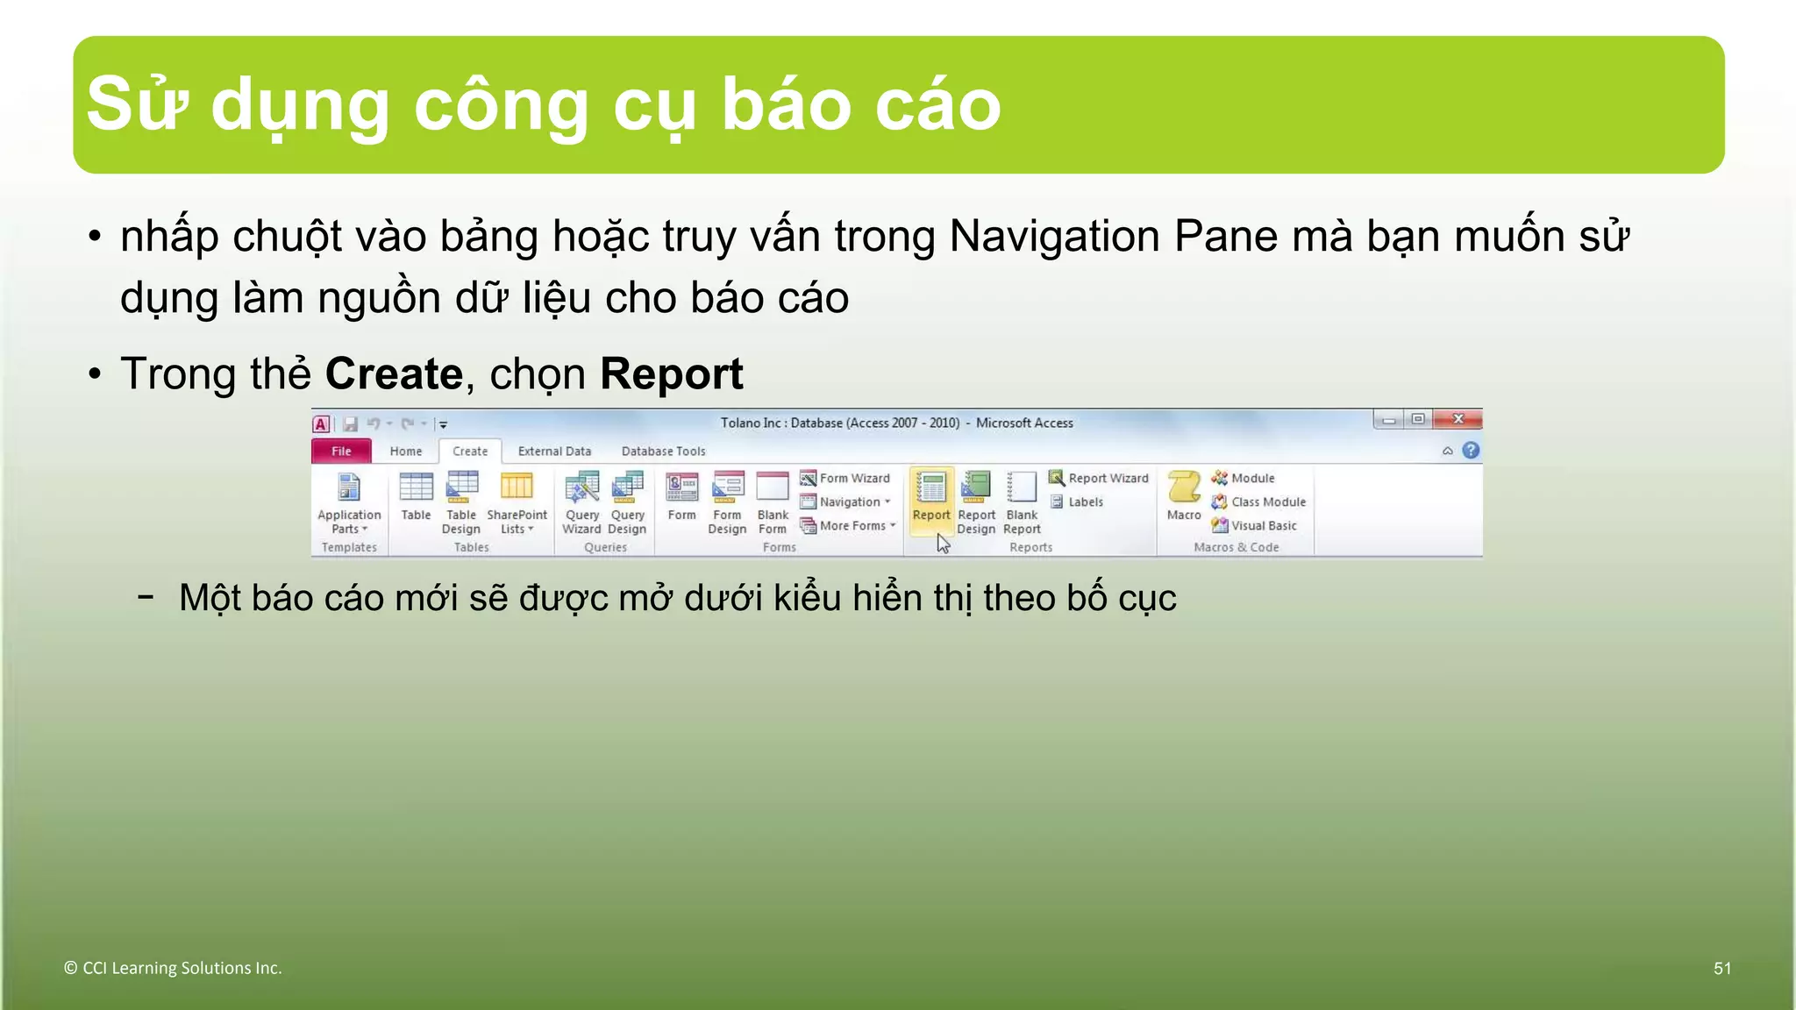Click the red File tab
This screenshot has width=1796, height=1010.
click(341, 451)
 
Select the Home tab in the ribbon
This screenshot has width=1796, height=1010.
click(405, 451)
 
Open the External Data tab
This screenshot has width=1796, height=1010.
click(554, 451)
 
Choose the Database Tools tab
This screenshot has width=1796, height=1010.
click(663, 451)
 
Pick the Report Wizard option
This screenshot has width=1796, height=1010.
click(1099, 478)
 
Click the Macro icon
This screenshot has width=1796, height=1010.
click(1183, 494)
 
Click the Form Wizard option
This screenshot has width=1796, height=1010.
click(845, 478)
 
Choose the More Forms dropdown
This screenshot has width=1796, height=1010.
click(848, 525)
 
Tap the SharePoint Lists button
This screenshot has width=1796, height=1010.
click(517, 501)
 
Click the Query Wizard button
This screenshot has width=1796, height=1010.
click(581, 501)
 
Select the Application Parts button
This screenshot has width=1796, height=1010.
click(349, 501)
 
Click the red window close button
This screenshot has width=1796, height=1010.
click(1457, 419)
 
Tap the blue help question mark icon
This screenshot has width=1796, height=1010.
click(1471, 451)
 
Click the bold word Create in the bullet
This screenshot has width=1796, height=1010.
click(394, 374)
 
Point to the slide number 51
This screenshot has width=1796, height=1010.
click(1721, 968)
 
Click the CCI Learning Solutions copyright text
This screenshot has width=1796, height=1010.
click(173, 968)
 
